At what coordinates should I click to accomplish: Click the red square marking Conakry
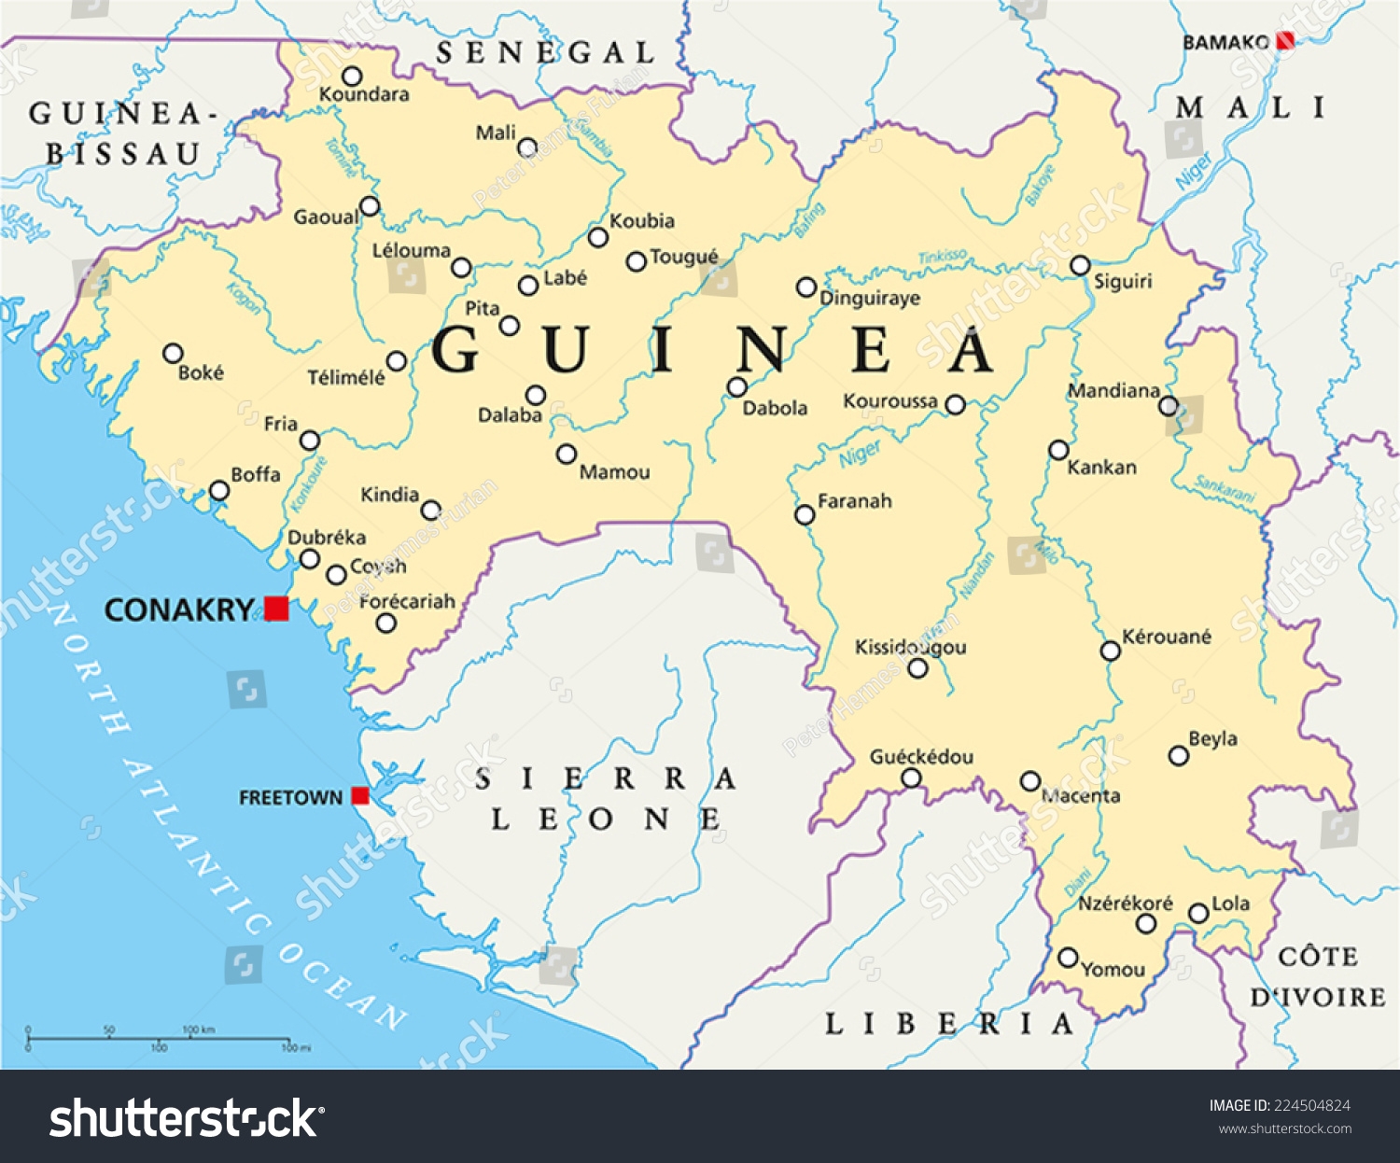[x=275, y=609]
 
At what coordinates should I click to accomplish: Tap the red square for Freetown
[x=359, y=796]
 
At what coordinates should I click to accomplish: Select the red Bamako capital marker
[x=1285, y=41]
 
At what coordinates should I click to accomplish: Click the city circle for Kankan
[x=1058, y=450]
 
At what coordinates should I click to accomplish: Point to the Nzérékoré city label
[x=1125, y=904]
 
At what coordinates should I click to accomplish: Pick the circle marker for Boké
[x=173, y=354]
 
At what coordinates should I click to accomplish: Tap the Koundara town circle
[x=352, y=76]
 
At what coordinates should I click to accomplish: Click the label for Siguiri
[x=1123, y=282]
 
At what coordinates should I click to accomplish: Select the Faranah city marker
[x=805, y=514]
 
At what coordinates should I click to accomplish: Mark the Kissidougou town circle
[x=917, y=668]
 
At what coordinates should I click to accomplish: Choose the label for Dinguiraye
[x=869, y=299]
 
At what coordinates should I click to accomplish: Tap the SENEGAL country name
[x=545, y=53]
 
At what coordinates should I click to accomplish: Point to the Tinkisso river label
[x=943, y=257]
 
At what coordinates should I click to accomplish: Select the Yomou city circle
[x=1069, y=958]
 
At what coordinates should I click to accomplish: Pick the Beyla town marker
[x=1179, y=755]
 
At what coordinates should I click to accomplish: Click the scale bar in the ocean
[x=159, y=1039]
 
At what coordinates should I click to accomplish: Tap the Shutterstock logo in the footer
[x=186, y=1118]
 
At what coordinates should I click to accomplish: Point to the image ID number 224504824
[x=1312, y=1106]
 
